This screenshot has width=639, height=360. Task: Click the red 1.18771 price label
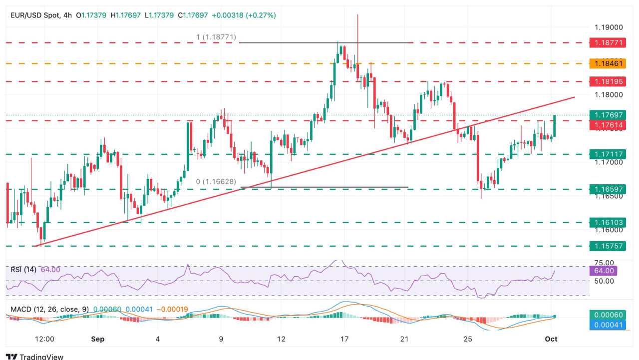tap(607, 43)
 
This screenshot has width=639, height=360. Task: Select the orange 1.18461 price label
tap(607, 64)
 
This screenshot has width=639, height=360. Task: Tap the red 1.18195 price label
tap(607, 81)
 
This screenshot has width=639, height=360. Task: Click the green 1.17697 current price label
tap(607, 115)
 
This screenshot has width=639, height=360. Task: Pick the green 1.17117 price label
tap(607, 154)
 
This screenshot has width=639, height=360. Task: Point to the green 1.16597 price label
tap(607, 189)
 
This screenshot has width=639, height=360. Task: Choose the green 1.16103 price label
tap(607, 222)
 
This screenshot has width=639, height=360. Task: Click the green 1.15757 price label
tap(607, 246)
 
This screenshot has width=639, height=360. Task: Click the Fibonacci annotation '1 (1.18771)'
tap(215, 37)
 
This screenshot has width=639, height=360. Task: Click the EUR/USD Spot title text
tap(34, 15)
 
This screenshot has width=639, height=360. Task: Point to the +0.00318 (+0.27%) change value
tap(244, 15)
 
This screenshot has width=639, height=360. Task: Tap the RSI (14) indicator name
tap(23, 270)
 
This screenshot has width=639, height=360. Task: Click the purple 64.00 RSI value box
tap(604, 271)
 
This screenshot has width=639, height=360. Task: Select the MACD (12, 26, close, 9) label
tap(49, 310)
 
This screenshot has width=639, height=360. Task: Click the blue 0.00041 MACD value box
tap(604, 325)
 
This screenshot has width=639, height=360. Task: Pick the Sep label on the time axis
tap(98, 339)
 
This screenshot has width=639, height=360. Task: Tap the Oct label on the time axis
tap(551, 339)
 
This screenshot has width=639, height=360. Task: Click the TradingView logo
tap(35, 356)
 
